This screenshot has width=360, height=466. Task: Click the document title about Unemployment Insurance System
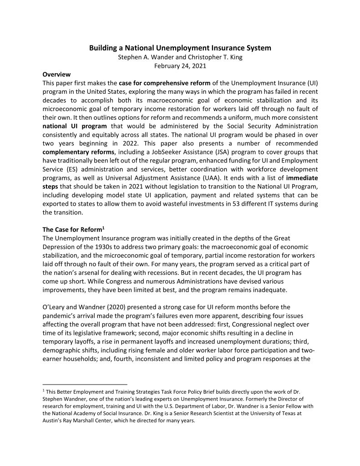coord(180,48)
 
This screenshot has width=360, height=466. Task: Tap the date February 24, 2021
coord(180,66)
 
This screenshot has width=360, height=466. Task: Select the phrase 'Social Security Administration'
coord(272,126)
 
